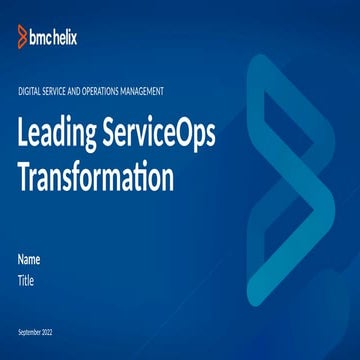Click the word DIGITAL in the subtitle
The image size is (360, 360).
click(x=30, y=91)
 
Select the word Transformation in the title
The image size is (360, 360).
click(x=96, y=179)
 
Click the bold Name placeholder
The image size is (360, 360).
click(x=29, y=260)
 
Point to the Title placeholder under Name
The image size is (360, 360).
click(x=26, y=281)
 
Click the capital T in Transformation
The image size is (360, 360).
click(x=25, y=179)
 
